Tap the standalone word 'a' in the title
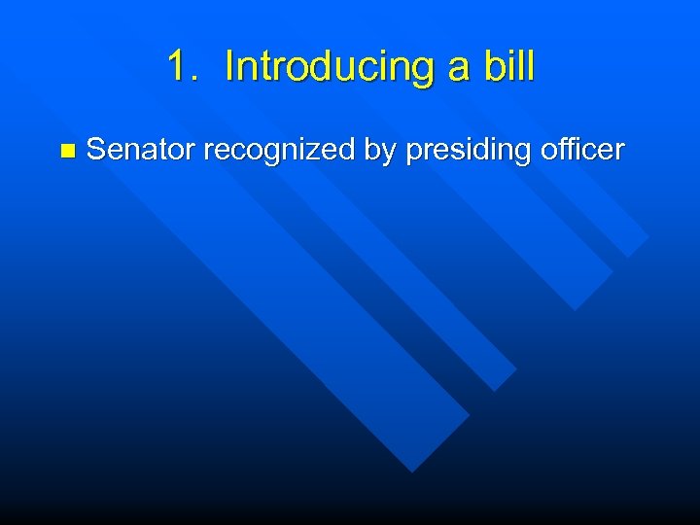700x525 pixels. pyautogui.click(x=457, y=68)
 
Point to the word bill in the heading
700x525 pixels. pyautogui.click(x=507, y=67)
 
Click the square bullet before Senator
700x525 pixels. pyautogui.click(x=66, y=151)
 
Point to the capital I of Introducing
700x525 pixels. pyautogui.click(x=228, y=67)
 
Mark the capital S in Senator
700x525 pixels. pyautogui.click(x=96, y=150)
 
